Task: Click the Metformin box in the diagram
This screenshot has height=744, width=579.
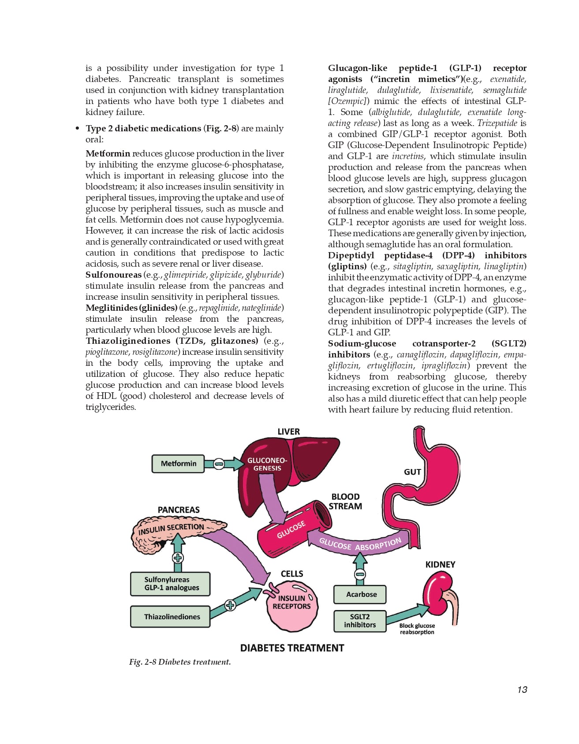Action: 178,464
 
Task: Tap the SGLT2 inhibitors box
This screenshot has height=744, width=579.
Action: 360,621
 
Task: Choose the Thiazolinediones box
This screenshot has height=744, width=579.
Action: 170,617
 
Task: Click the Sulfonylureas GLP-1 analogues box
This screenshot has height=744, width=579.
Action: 170,584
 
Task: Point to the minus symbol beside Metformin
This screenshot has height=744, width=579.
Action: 219,464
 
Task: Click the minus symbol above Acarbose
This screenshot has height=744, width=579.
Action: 360,574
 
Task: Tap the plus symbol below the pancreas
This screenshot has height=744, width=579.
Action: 178,558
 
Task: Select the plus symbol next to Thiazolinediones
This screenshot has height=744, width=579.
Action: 230,605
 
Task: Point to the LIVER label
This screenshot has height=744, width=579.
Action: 288,432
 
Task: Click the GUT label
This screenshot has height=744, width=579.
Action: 412,472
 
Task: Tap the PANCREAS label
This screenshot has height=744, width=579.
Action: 179,510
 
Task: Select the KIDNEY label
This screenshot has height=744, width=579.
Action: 440,565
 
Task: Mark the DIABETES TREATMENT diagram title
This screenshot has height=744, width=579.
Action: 292,648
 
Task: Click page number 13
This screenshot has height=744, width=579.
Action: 522,690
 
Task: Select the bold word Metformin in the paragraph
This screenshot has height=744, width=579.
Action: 108,154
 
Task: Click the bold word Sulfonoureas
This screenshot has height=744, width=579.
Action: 113,275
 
